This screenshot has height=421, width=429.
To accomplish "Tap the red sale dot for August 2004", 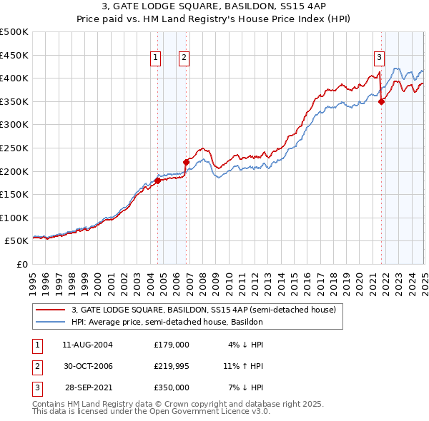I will pyautogui.click(x=157, y=181).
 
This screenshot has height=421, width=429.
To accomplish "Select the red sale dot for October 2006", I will pyautogui.click(x=187, y=162).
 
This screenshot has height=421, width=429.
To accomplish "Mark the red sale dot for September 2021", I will pyautogui.click(x=382, y=101).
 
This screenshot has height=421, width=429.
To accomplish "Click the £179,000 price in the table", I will pyautogui.click(x=171, y=344).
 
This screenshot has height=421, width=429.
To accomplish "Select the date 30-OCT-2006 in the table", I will pyautogui.click(x=87, y=366).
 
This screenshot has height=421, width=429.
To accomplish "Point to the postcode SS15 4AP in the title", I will pyautogui.click(x=288, y=8).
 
